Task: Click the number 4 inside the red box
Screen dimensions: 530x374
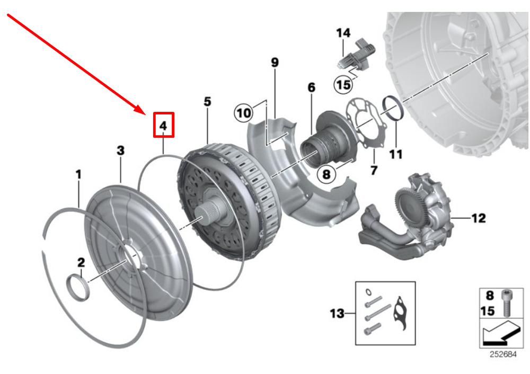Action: click(163, 126)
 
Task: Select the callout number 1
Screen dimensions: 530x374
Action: click(78, 173)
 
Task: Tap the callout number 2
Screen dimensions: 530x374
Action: click(120, 151)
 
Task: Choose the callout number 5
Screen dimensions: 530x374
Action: click(207, 101)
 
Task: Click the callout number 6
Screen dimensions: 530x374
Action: click(311, 87)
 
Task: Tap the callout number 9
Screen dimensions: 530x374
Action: click(275, 63)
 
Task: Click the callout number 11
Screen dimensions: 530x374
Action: click(395, 154)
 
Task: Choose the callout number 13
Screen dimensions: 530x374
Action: click(337, 313)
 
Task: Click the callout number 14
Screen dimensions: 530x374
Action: click(343, 33)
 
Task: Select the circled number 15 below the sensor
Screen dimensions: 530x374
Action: click(343, 84)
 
